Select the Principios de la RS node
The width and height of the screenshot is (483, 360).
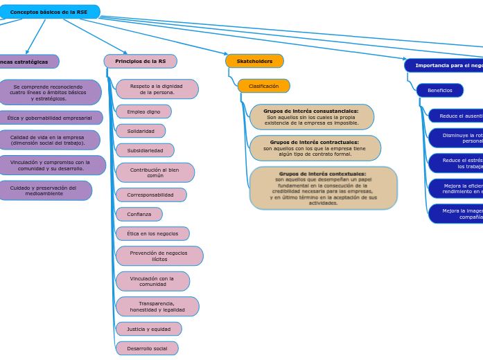(141, 62)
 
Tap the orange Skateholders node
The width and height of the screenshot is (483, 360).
(254, 62)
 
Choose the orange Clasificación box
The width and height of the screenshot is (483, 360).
(263, 87)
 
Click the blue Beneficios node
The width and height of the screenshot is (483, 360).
(439, 91)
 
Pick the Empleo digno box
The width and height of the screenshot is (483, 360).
(143, 111)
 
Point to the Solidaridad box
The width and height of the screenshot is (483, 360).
(141, 131)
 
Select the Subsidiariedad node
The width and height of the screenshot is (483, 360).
(145, 150)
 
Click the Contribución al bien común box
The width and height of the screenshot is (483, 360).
(155, 172)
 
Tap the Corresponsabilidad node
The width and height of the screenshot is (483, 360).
(150, 195)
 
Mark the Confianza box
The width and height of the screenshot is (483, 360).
(139, 215)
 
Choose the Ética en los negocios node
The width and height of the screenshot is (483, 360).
(152, 234)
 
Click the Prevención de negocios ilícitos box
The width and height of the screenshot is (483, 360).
(159, 256)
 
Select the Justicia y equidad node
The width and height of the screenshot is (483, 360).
(148, 329)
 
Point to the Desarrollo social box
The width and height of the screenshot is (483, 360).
(147, 348)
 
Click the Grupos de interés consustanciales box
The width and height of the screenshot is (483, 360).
(311, 117)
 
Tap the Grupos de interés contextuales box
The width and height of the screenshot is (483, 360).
(323, 188)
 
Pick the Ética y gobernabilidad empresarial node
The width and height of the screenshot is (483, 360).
(50, 118)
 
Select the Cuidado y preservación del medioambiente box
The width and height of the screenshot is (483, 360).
(44, 190)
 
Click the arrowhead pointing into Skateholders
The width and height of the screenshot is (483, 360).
(225, 53)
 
